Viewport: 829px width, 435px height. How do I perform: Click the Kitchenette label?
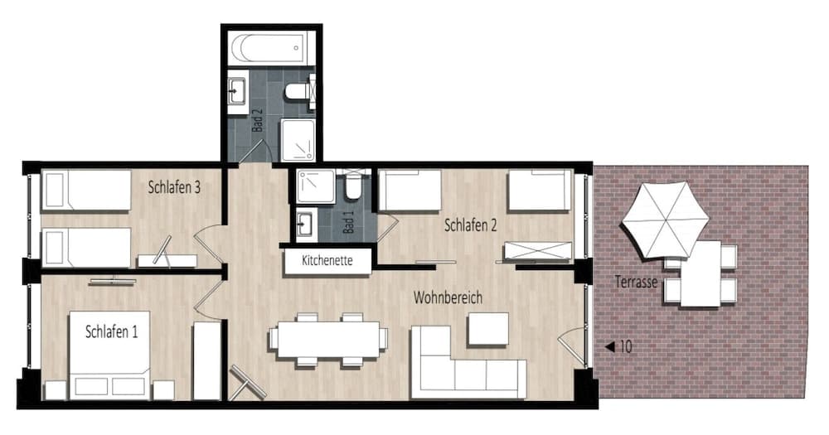tap(327, 261)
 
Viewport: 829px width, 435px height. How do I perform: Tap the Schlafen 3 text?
tap(175, 187)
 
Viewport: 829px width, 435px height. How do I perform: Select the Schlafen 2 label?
tap(471, 225)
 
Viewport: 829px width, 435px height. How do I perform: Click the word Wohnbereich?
tap(448, 297)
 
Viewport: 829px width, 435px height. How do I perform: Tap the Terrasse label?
tap(636, 282)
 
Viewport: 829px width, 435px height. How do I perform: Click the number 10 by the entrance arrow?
tap(626, 347)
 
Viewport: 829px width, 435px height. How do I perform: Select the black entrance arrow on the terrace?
tap(609, 347)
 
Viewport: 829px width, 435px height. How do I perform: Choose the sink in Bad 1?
tap(305, 223)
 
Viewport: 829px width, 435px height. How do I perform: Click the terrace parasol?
tap(666, 220)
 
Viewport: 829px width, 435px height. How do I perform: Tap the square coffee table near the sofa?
tap(487, 329)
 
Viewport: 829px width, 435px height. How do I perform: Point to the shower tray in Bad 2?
tap(298, 140)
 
